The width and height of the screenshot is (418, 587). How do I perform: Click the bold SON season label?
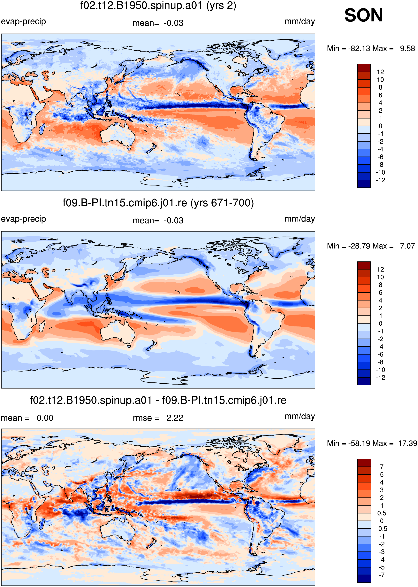(363, 15)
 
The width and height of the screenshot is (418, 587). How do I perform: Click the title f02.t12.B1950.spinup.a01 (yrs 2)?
(158, 6)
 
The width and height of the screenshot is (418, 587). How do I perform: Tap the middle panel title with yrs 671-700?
(158, 203)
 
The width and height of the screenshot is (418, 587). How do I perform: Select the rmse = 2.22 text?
(158, 418)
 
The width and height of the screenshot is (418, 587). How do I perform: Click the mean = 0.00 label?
(27, 418)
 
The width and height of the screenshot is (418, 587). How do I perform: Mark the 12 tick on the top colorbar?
(380, 72)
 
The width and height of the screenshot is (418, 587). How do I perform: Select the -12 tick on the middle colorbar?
(380, 378)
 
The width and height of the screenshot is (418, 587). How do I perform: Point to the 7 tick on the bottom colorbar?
(382, 467)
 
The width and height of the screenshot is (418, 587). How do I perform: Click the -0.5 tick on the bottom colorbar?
(382, 528)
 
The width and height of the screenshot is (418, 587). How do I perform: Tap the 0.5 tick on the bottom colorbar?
(382, 513)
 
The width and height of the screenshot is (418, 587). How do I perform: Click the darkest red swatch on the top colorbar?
(364, 68)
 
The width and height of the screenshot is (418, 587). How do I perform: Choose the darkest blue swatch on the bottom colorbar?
(364, 578)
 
